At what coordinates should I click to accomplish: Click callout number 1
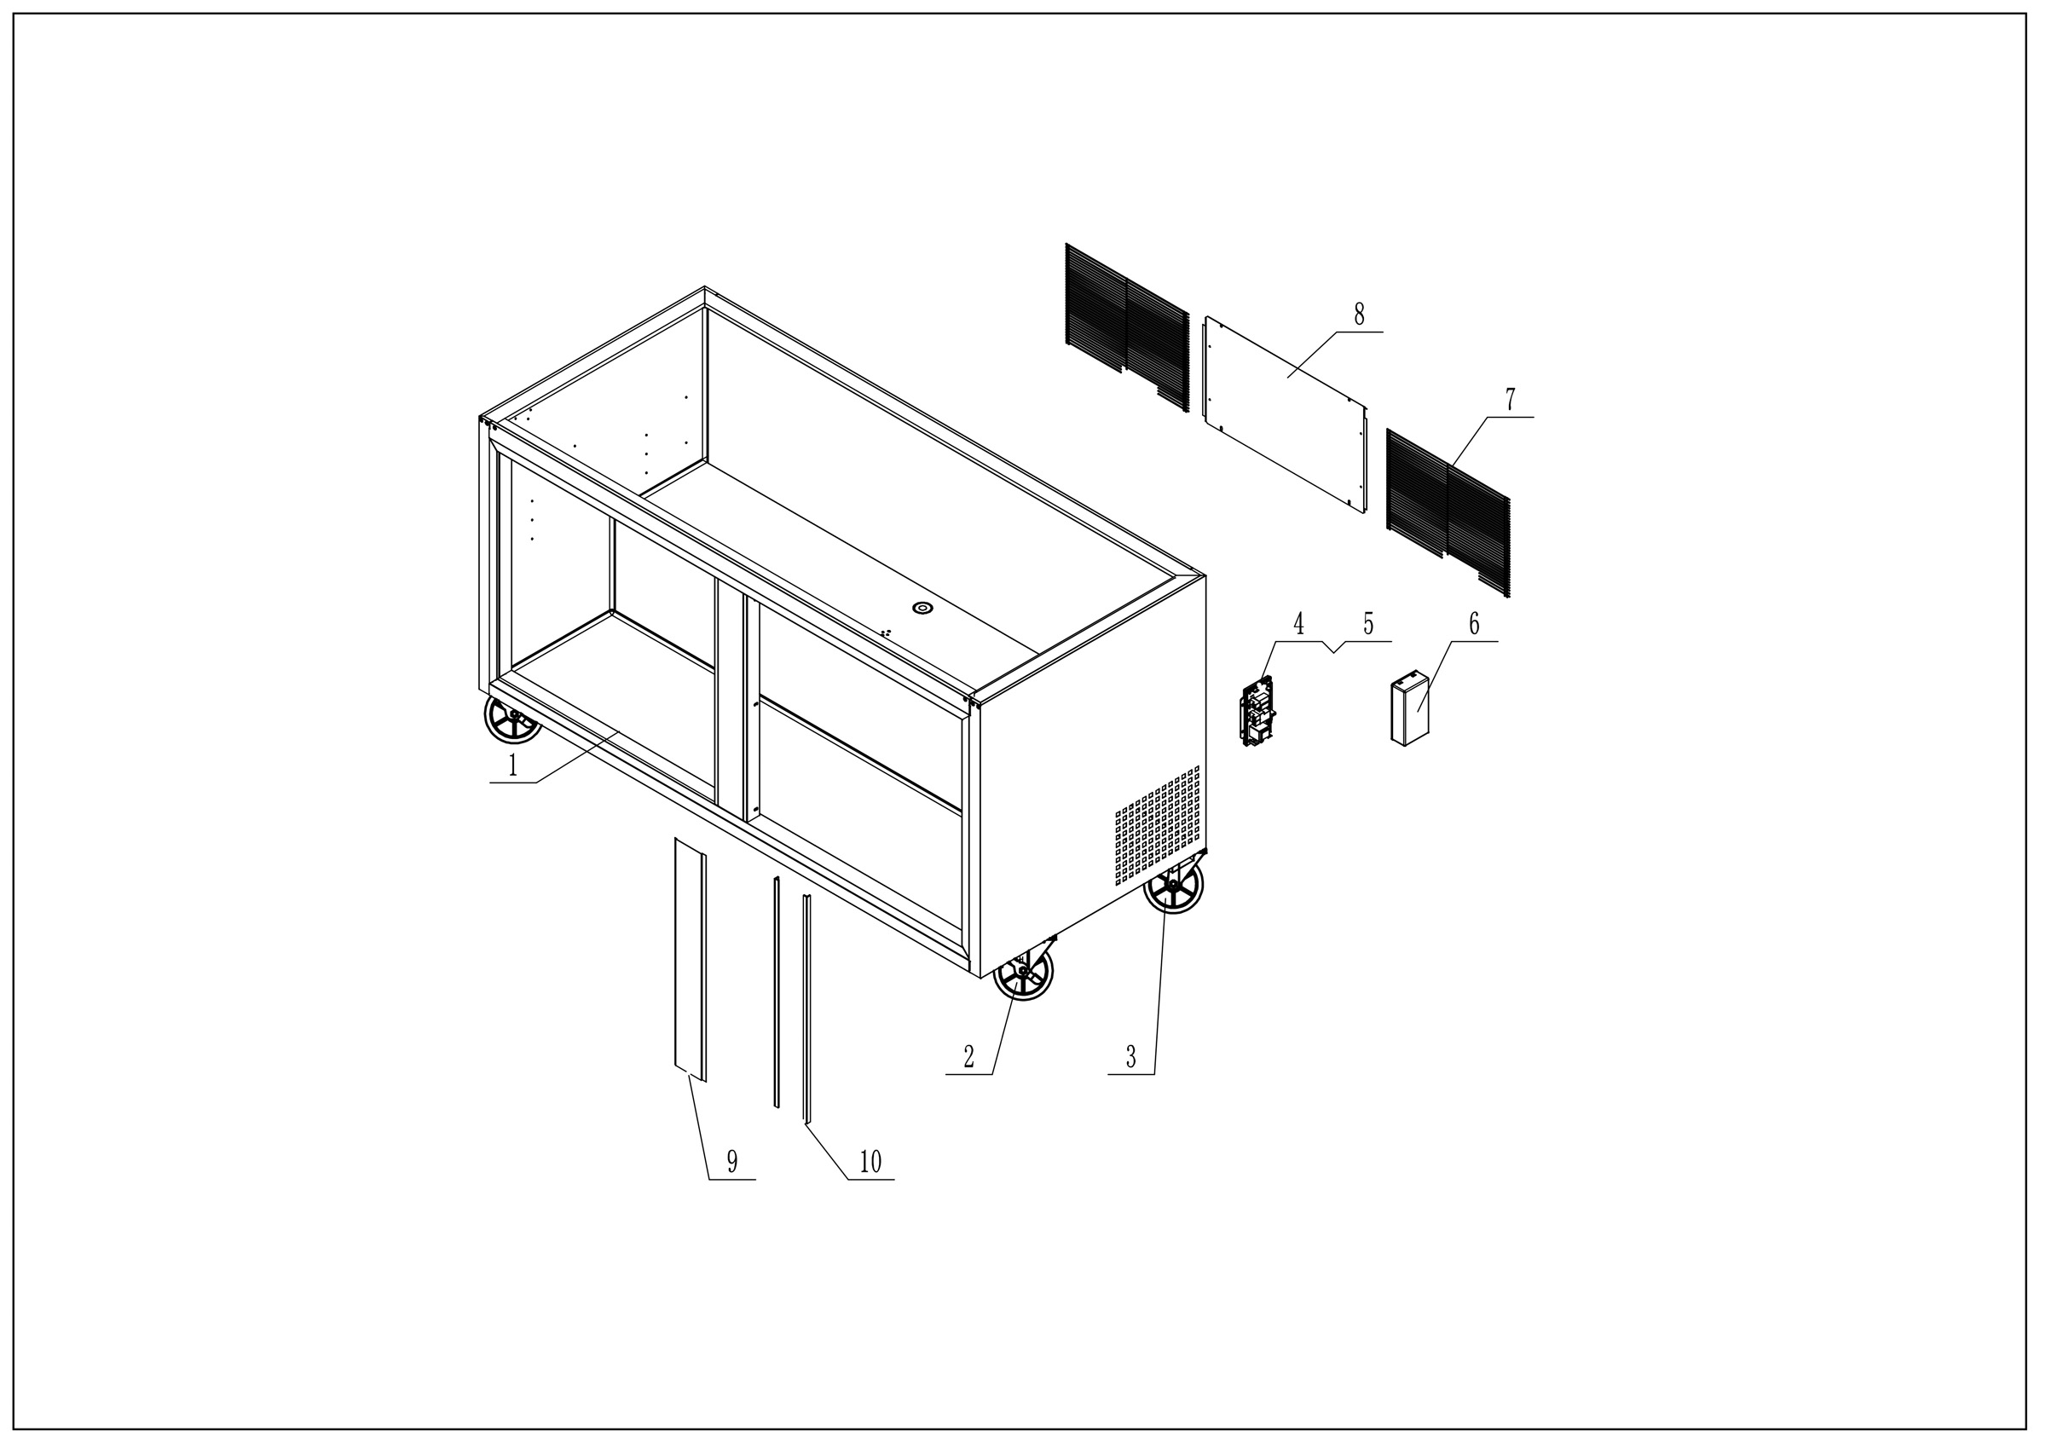(512, 765)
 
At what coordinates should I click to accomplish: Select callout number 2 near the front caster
(968, 1057)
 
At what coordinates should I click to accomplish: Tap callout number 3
(1130, 1057)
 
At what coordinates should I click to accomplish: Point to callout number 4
(1298, 625)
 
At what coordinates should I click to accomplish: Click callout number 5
(1369, 625)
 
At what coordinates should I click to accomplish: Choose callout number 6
(1474, 625)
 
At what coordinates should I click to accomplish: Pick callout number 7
(1510, 400)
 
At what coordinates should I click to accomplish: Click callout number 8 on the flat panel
(1359, 315)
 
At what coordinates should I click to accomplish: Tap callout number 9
(731, 1162)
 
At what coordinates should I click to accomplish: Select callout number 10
(870, 1162)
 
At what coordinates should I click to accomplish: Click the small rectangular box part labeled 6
(1409, 712)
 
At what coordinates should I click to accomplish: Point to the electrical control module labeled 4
(1259, 711)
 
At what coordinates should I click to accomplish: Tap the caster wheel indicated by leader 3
(1173, 886)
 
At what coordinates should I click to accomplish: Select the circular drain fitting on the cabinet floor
(922, 609)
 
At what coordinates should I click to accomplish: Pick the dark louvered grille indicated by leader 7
(1448, 513)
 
